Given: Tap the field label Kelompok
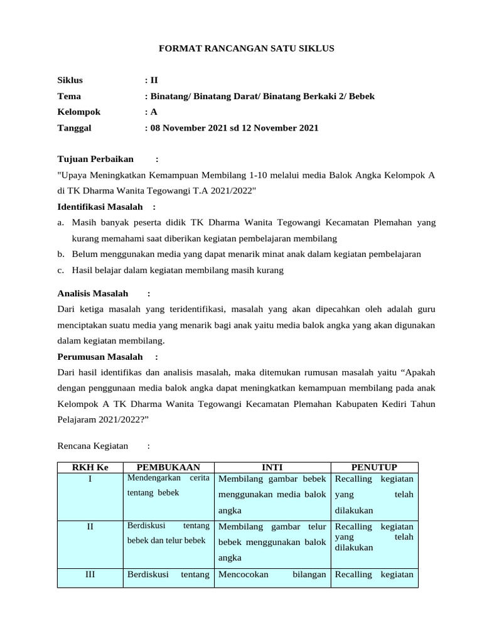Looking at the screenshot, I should pos(78,112).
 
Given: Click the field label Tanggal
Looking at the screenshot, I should pos(74,127).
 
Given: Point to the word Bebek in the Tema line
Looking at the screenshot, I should pos(361,96).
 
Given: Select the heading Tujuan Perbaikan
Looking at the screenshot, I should pos(95,159).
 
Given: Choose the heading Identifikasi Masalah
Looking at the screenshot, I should pos(100,207).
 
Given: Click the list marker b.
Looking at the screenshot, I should pos(61,254).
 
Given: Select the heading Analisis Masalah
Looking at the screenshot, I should pos(92,293).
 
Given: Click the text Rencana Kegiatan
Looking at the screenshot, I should pos(92,446).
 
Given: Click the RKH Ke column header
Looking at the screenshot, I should pos(90,467).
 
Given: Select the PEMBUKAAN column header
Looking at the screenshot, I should pos(168,467).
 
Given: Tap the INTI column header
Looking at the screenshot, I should pos(272,467).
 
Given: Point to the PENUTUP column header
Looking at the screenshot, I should pos(373,467).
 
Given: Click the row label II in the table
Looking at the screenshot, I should pos(90,526).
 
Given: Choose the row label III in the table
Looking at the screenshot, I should pos(90,574).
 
